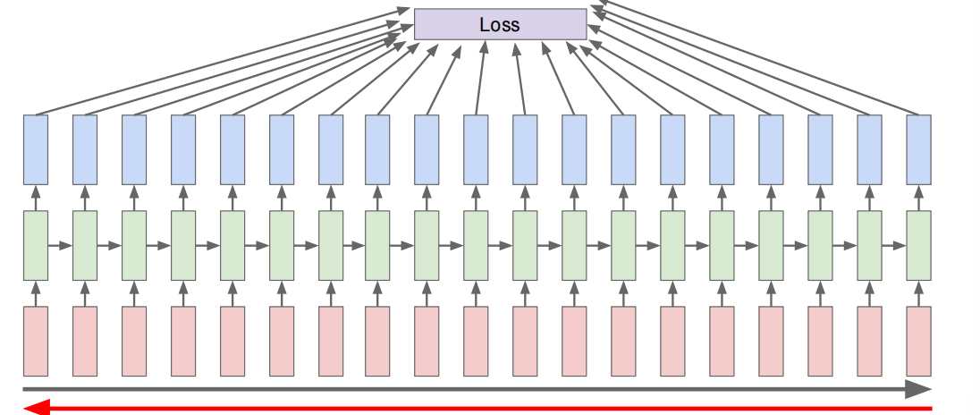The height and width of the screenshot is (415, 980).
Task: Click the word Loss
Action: (499, 25)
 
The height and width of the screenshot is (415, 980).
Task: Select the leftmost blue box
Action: (36, 149)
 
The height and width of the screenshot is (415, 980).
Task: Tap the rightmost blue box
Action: (918, 149)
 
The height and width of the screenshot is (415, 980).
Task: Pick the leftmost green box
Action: (36, 246)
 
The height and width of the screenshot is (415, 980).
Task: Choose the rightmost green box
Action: (918, 246)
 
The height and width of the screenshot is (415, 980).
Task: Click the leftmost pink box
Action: (36, 341)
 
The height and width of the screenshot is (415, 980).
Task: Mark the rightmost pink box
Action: (918, 341)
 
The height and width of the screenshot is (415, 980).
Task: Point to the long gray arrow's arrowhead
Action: (919, 389)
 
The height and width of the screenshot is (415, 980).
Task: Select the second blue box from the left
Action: (85, 149)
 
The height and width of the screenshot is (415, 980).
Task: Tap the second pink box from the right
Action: (869, 341)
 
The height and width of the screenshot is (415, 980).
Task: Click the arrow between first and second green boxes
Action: (60, 246)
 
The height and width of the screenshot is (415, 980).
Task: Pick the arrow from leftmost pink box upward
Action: (36, 293)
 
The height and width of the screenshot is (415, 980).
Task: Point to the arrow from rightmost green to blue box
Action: (918, 198)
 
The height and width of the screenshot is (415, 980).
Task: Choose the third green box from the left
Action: (134, 246)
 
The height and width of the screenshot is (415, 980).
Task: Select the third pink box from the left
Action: (134, 341)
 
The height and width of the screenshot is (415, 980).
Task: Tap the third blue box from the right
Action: (820, 149)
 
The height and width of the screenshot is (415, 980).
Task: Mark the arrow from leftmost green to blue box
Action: (36, 198)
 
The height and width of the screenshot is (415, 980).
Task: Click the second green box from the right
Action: (869, 246)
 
